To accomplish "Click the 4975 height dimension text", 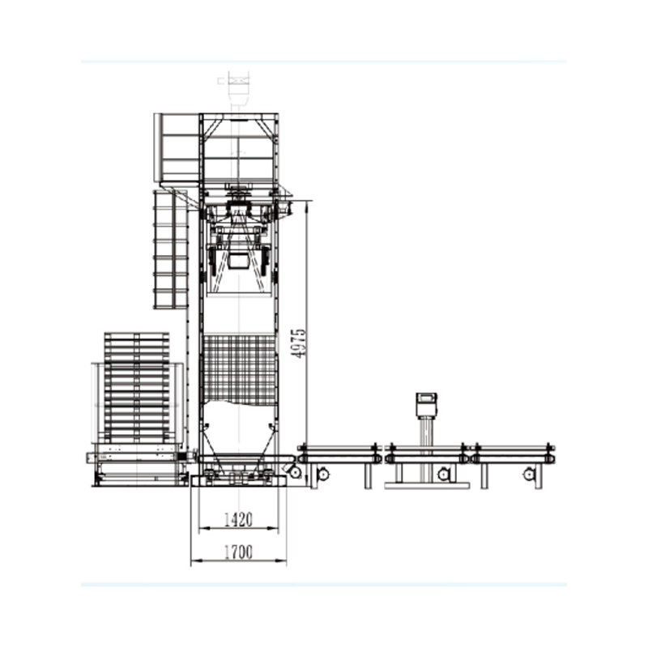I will click(299, 343).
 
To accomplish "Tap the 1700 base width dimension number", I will click(238, 552).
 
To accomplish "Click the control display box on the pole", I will click(426, 403).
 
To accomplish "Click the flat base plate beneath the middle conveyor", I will click(427, 485).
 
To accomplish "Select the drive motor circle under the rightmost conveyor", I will click(531, 474).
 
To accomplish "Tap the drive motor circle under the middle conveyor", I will click(444, 474).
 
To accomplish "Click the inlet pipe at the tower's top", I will click(238, 91).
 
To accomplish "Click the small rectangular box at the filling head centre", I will click(239, 262).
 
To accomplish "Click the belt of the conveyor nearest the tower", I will click(339, 447).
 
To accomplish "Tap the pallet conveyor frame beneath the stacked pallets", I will click(137, 468).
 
